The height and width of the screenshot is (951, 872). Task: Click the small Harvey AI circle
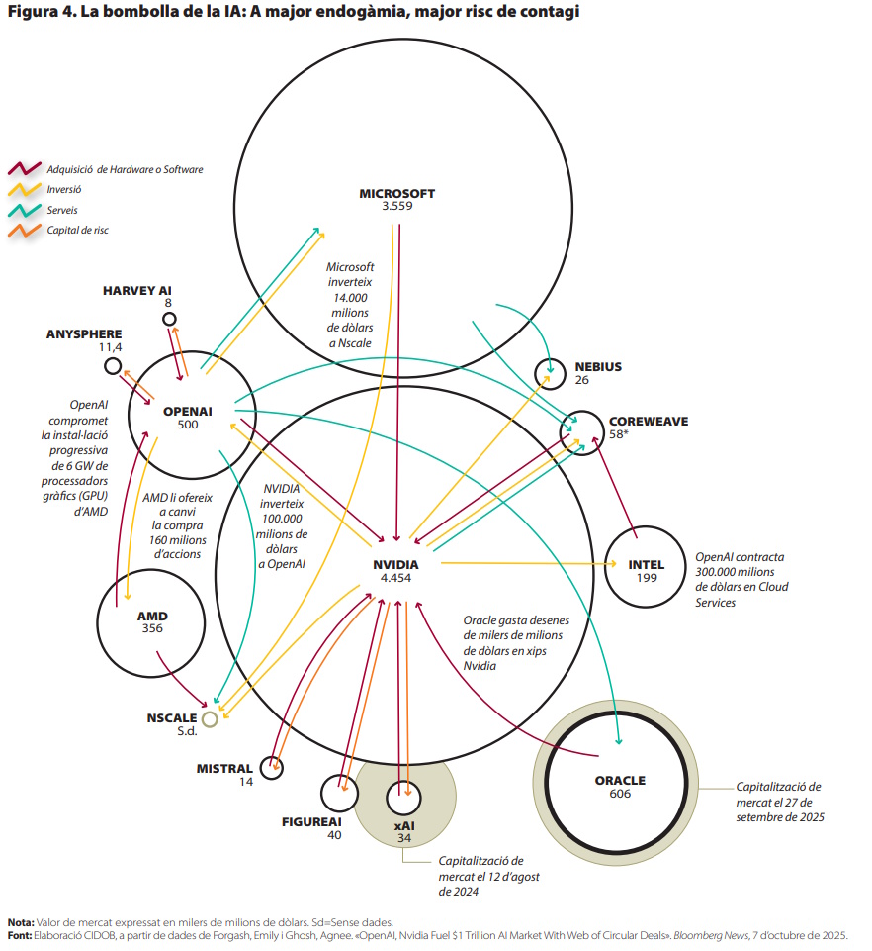point(169,319)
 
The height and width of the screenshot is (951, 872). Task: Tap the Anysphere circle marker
point(113,367)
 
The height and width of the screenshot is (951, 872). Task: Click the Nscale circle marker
point(209,719)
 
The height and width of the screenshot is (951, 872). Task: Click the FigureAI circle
point(339,792)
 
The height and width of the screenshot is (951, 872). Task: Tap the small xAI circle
point(403,796)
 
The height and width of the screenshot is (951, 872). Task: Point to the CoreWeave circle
point(580,430)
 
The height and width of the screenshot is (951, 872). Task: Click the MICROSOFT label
point(396,194)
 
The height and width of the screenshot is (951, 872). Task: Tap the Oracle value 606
point(620,794)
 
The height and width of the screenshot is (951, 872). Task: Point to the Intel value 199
point(647,578)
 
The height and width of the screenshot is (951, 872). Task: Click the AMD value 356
point(152,628)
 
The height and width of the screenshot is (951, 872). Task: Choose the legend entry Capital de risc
point(78,230)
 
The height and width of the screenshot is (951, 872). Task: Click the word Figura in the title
point(31,13)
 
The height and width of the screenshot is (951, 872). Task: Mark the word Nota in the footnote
point(20,921)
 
